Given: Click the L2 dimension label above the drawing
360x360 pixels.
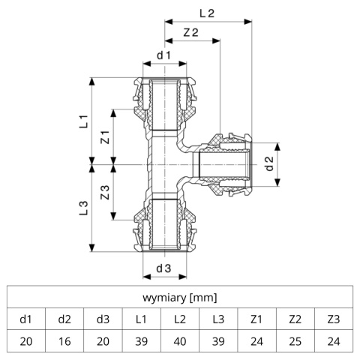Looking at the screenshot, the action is click(207, 13).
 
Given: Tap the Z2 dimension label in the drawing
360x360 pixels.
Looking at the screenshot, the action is click(191, 32).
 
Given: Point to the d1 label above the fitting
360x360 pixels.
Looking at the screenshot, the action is click(163, 55).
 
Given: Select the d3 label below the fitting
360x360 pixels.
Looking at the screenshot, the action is click(163, 268).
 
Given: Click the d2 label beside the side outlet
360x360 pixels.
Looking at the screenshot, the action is click(270, 164).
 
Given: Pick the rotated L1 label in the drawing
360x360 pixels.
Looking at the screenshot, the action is click(84, 121).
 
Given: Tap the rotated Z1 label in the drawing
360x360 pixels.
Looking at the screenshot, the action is click(105, 137).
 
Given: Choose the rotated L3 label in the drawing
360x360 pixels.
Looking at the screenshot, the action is click(84, 208).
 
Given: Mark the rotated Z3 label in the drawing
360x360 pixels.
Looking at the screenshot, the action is click(105, 193).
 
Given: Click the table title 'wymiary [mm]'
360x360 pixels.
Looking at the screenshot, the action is click(180, 298).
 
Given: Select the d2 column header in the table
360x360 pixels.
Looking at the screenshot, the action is click(64, 319).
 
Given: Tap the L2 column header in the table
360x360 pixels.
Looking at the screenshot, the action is click(180, 319).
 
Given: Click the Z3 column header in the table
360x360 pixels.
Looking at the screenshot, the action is click(334, 319).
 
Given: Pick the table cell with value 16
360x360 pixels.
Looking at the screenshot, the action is click(64, 341).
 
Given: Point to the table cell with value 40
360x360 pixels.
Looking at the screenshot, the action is click(180, 341).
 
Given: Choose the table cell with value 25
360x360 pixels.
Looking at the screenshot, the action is click(295, 341).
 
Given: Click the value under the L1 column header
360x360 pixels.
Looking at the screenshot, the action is click(141, 341).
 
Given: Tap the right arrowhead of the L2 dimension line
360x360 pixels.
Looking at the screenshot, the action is click(247, 22).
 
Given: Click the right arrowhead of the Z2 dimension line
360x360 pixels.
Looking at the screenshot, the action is click(216, 40).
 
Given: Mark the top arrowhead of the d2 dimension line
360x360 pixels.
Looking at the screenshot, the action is click(277, 147).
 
